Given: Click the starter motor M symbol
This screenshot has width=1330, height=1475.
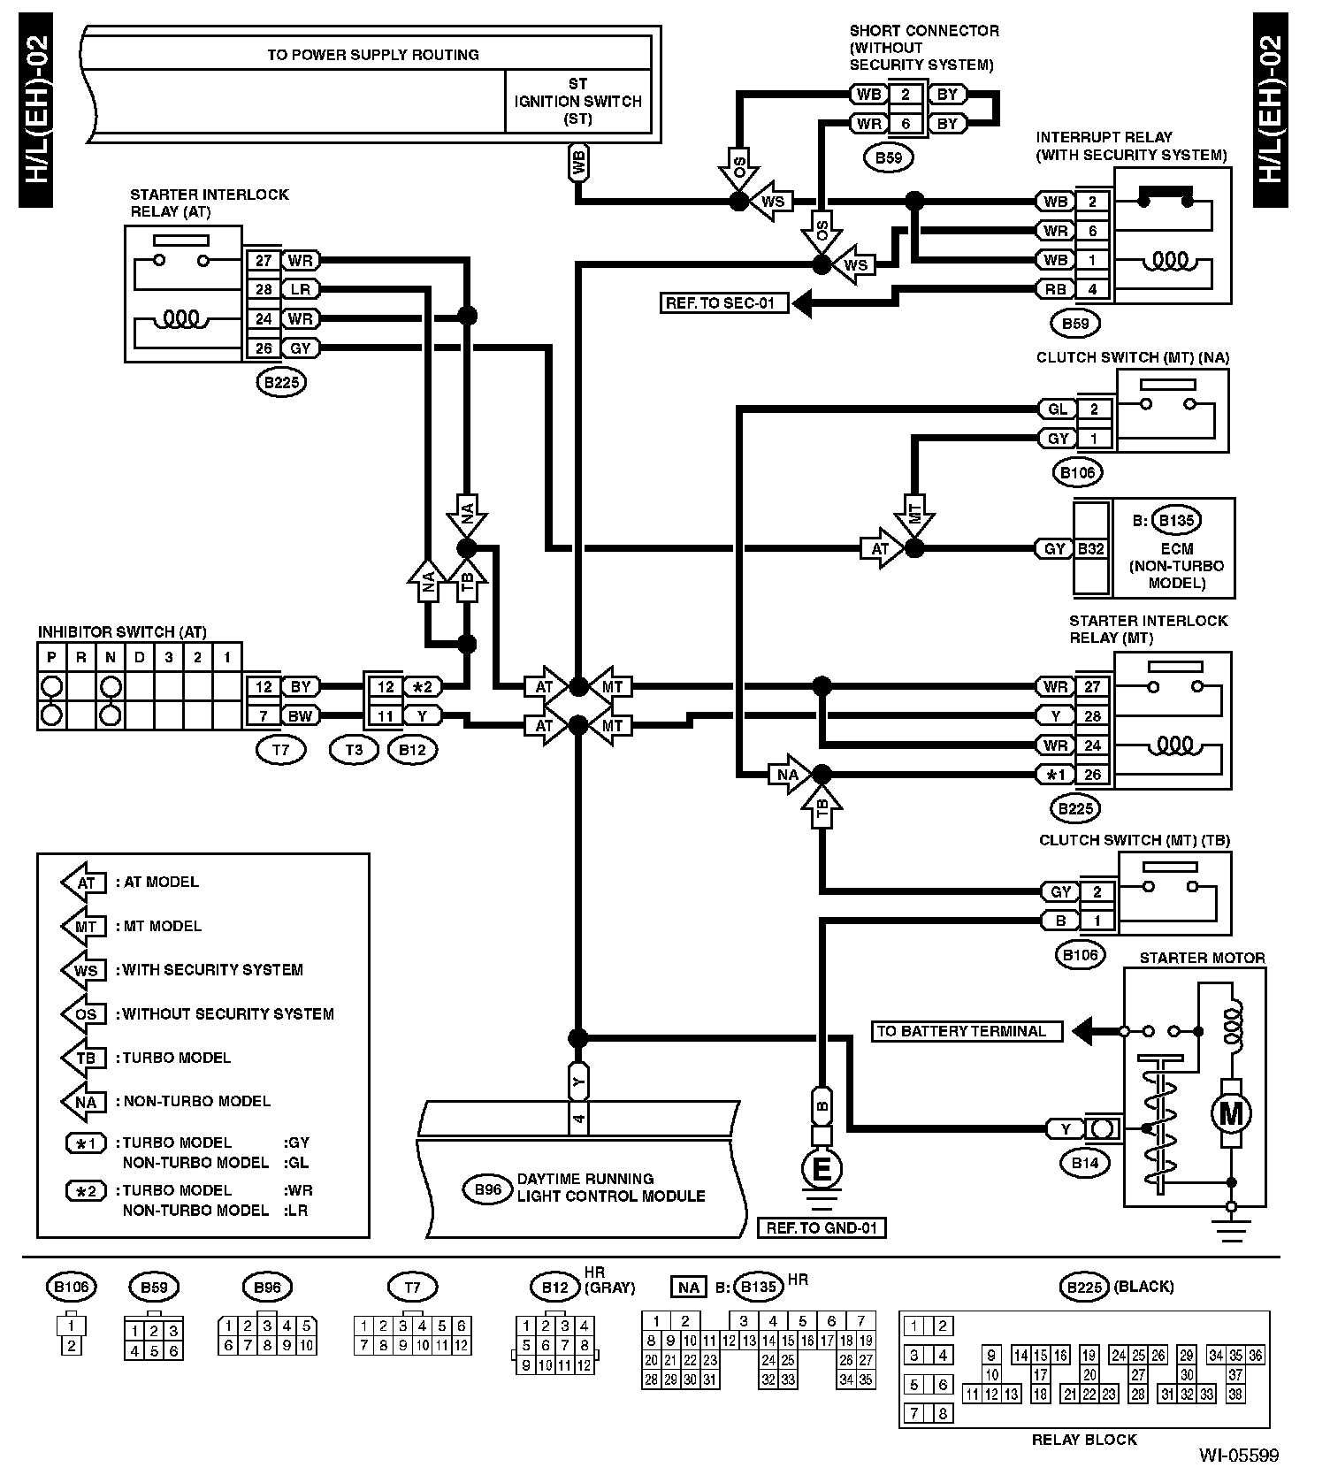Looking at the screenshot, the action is pos(1230,1113).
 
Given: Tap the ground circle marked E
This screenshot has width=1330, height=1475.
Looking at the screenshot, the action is pos(822,1170).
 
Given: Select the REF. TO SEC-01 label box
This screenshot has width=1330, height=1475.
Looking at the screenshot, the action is pos(724,303).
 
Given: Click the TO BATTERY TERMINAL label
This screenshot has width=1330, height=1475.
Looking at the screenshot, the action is pos(967,1031).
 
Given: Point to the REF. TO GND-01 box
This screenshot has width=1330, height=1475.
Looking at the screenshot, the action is pos(822,1227).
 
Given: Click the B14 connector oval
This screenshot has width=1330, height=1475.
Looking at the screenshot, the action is pos(1084,1163).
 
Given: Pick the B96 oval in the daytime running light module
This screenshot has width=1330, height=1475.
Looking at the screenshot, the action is pos(487,1189).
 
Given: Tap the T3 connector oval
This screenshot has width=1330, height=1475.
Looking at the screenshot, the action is pos(353,750).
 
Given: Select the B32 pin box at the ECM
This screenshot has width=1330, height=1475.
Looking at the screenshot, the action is pos(1090,549).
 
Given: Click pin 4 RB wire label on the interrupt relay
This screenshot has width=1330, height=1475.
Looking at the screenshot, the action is pos(1055,289).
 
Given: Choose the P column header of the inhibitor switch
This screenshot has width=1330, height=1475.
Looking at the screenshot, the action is pos(51,657).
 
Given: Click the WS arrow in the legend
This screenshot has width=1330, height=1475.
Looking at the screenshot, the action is pos(85,970).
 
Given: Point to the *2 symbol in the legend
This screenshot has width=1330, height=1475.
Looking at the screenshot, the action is pos(87,1190).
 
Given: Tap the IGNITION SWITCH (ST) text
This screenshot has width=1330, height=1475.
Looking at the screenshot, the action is pos(578,110).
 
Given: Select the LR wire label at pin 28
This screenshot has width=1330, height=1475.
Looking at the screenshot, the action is pos(301,289).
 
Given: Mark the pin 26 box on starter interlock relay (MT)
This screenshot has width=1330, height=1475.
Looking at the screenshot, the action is pos(1092,775).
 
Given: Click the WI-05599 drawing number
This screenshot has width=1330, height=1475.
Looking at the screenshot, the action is pos(1238,1456).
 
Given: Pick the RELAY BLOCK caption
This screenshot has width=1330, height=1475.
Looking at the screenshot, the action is pos(1083,1440).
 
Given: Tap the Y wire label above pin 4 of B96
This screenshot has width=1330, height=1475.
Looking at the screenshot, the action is pos(577,1081).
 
